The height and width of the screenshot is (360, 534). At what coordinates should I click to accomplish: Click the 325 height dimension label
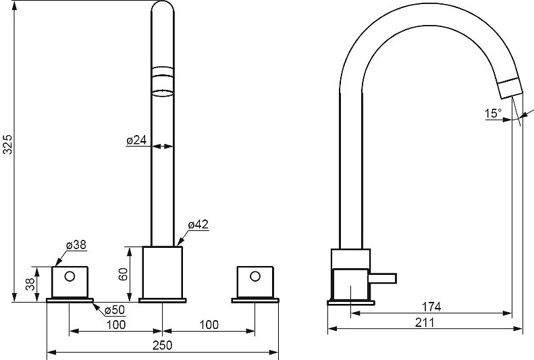tap(7, 145)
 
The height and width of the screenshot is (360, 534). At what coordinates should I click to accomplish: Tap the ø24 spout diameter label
tap(136, 140)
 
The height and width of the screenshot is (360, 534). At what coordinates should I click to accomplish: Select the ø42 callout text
tap(198, 224)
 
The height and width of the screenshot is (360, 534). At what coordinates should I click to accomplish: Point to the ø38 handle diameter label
tap(76, 245)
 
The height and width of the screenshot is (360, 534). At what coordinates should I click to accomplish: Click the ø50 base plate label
tap(115, 310)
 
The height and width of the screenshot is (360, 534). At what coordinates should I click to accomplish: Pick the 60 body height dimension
tap(123, 274)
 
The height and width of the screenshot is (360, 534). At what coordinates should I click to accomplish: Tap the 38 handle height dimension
tap(30, 284)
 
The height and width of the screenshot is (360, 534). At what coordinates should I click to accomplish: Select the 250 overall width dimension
tap(163, 345)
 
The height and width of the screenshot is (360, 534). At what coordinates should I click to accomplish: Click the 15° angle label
tap(493, 113)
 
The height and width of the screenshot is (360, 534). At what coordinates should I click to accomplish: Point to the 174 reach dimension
tap(431, 307)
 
